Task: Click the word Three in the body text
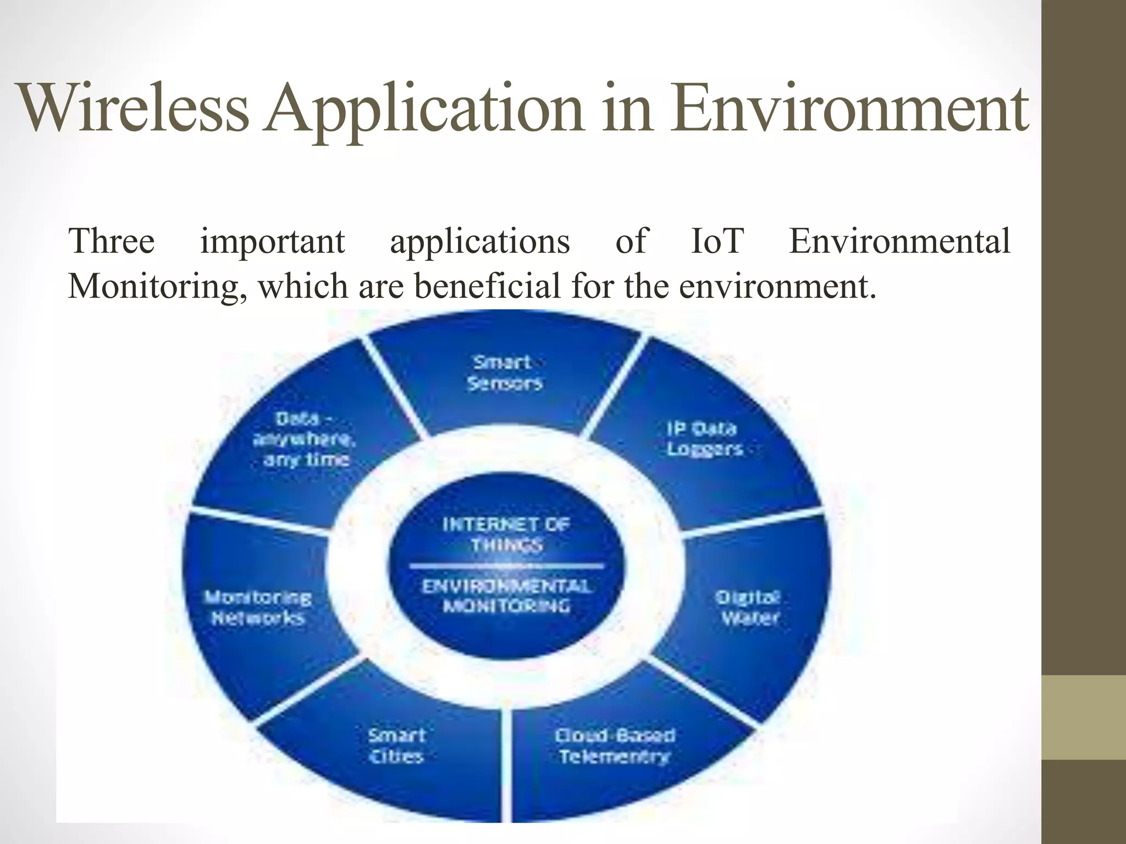tap(112, 241)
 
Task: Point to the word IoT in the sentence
tap(717, 241)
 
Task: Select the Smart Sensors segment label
tap(504, 373)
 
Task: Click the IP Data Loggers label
tap(704, 438)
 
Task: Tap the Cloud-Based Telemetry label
tap(615, 746)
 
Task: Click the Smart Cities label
tap(396, 746)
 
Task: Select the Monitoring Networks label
tap(258, 608)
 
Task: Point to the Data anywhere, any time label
tap(305, 439)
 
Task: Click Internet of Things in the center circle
tap(506, 534)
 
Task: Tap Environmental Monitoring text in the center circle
tap(506, 596)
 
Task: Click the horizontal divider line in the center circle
tap(506, 565)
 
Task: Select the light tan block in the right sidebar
tap(1084, 717)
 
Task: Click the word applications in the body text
tap(479, 241)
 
